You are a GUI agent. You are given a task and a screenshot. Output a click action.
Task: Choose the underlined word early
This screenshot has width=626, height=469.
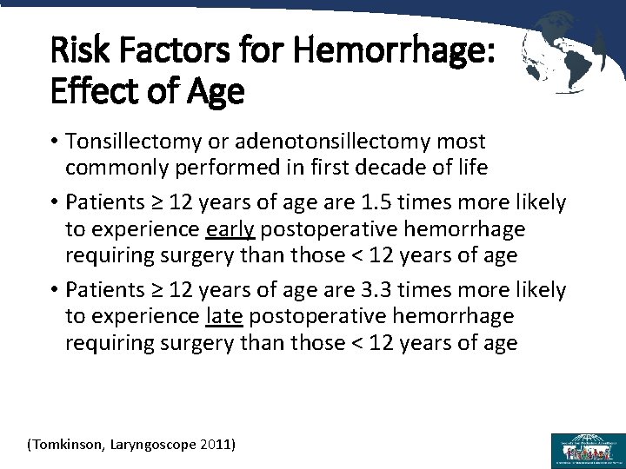point(230,228)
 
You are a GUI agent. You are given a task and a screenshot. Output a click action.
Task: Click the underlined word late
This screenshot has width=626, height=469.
point(225,315)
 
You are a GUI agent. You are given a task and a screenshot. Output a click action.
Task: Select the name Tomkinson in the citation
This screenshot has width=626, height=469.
point(66,445)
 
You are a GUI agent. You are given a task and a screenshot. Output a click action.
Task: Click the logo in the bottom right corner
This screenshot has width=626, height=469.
point(587,450)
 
